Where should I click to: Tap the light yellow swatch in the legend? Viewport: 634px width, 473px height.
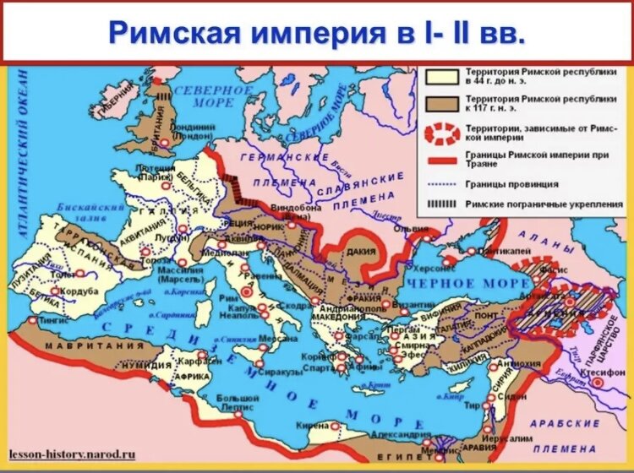[440, 78]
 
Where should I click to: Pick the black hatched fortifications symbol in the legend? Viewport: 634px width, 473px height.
[440, 204]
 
